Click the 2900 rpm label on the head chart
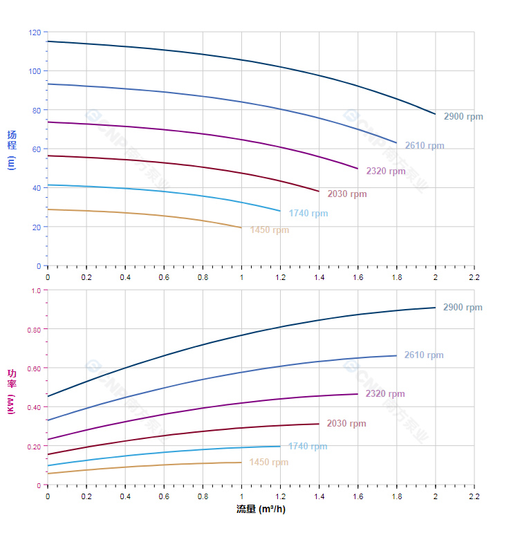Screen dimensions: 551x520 463,117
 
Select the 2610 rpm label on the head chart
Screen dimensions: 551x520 425,146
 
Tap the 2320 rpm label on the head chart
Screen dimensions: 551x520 386,171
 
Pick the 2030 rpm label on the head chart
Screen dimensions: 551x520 347,194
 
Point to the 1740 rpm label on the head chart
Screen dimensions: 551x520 308,214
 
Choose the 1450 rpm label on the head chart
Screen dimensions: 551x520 270,230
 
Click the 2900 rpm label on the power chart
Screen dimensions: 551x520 463,308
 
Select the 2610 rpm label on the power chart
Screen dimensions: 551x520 424,355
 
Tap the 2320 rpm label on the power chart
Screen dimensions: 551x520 385,394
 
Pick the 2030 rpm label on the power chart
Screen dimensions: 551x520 346,424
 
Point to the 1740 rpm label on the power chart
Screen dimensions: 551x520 308,447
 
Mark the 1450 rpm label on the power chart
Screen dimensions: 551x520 269,463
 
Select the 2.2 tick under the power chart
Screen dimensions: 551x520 474,496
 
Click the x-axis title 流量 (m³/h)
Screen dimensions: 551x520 261,510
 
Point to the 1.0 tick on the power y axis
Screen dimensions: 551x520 37,290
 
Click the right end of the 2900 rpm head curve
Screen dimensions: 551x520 435,114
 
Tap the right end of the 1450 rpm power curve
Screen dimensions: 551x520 241,463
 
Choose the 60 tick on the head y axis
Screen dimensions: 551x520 37,149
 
